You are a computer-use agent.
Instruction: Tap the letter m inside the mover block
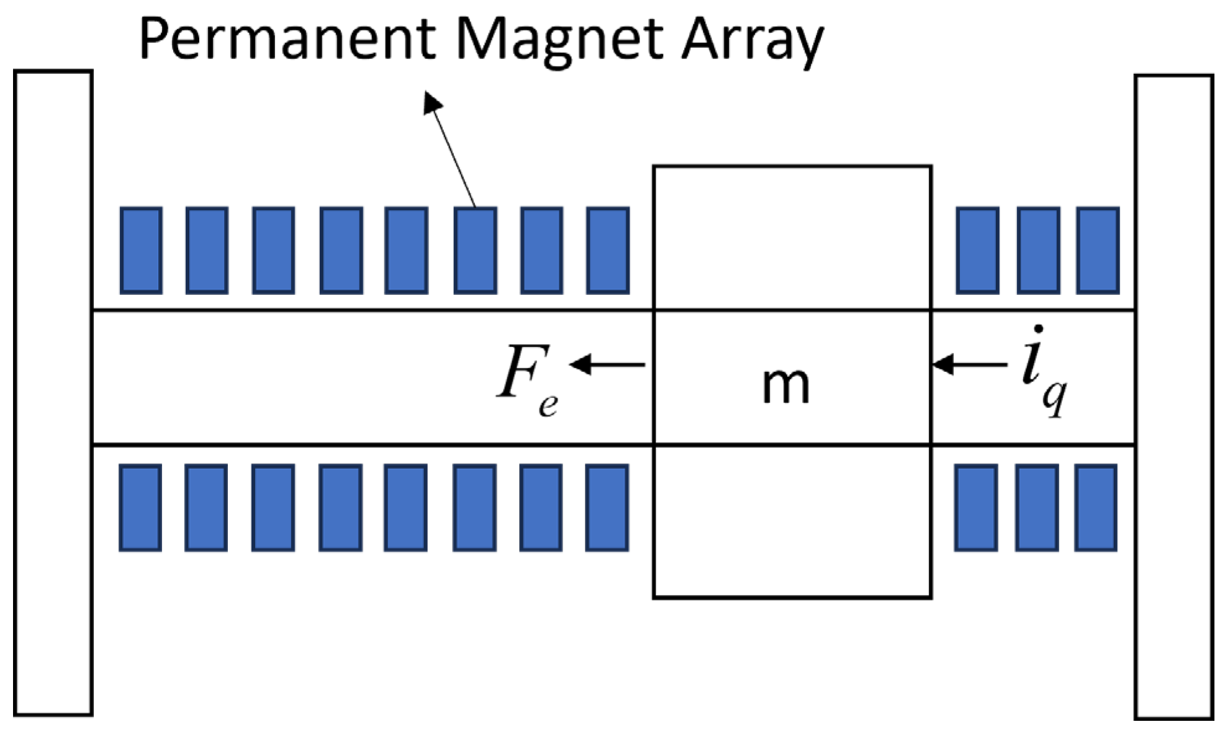pyautogui.click(x=785, y=385)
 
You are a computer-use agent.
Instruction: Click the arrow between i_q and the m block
pyautogui.click(x=969, y=364)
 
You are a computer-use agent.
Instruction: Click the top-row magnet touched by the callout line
pyautogui.click(x=475, y=250)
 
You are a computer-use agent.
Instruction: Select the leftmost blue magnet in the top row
pyautogui.click(x=141, y=250)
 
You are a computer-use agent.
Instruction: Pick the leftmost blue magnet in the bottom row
pyautogui.click(x=140, y=507)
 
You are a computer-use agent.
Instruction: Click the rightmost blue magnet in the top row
pyautogui.click(x=1098, y=250)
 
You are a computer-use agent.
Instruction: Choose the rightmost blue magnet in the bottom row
pyautogui.click(x=1096, y=507)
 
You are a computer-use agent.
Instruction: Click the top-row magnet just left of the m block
pyautogui.click(x=608, y=250)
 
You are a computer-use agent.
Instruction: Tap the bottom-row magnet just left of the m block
pyautogui.click(x=607, y=507)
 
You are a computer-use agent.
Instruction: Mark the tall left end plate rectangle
pyautogui.click(x=53, y=393)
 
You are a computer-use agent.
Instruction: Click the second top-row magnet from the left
pyautogui.click(x=207, y=250)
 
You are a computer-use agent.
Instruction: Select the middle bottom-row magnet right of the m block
pyautogui.click(x=1036, y=507)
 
